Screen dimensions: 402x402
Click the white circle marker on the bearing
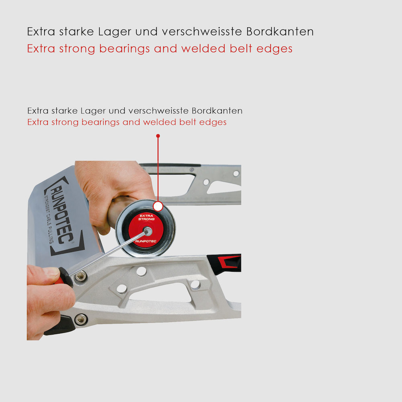click(158, 207)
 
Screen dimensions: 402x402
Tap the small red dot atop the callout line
click(158, 136)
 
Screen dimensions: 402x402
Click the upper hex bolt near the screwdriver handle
click(80, 276)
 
